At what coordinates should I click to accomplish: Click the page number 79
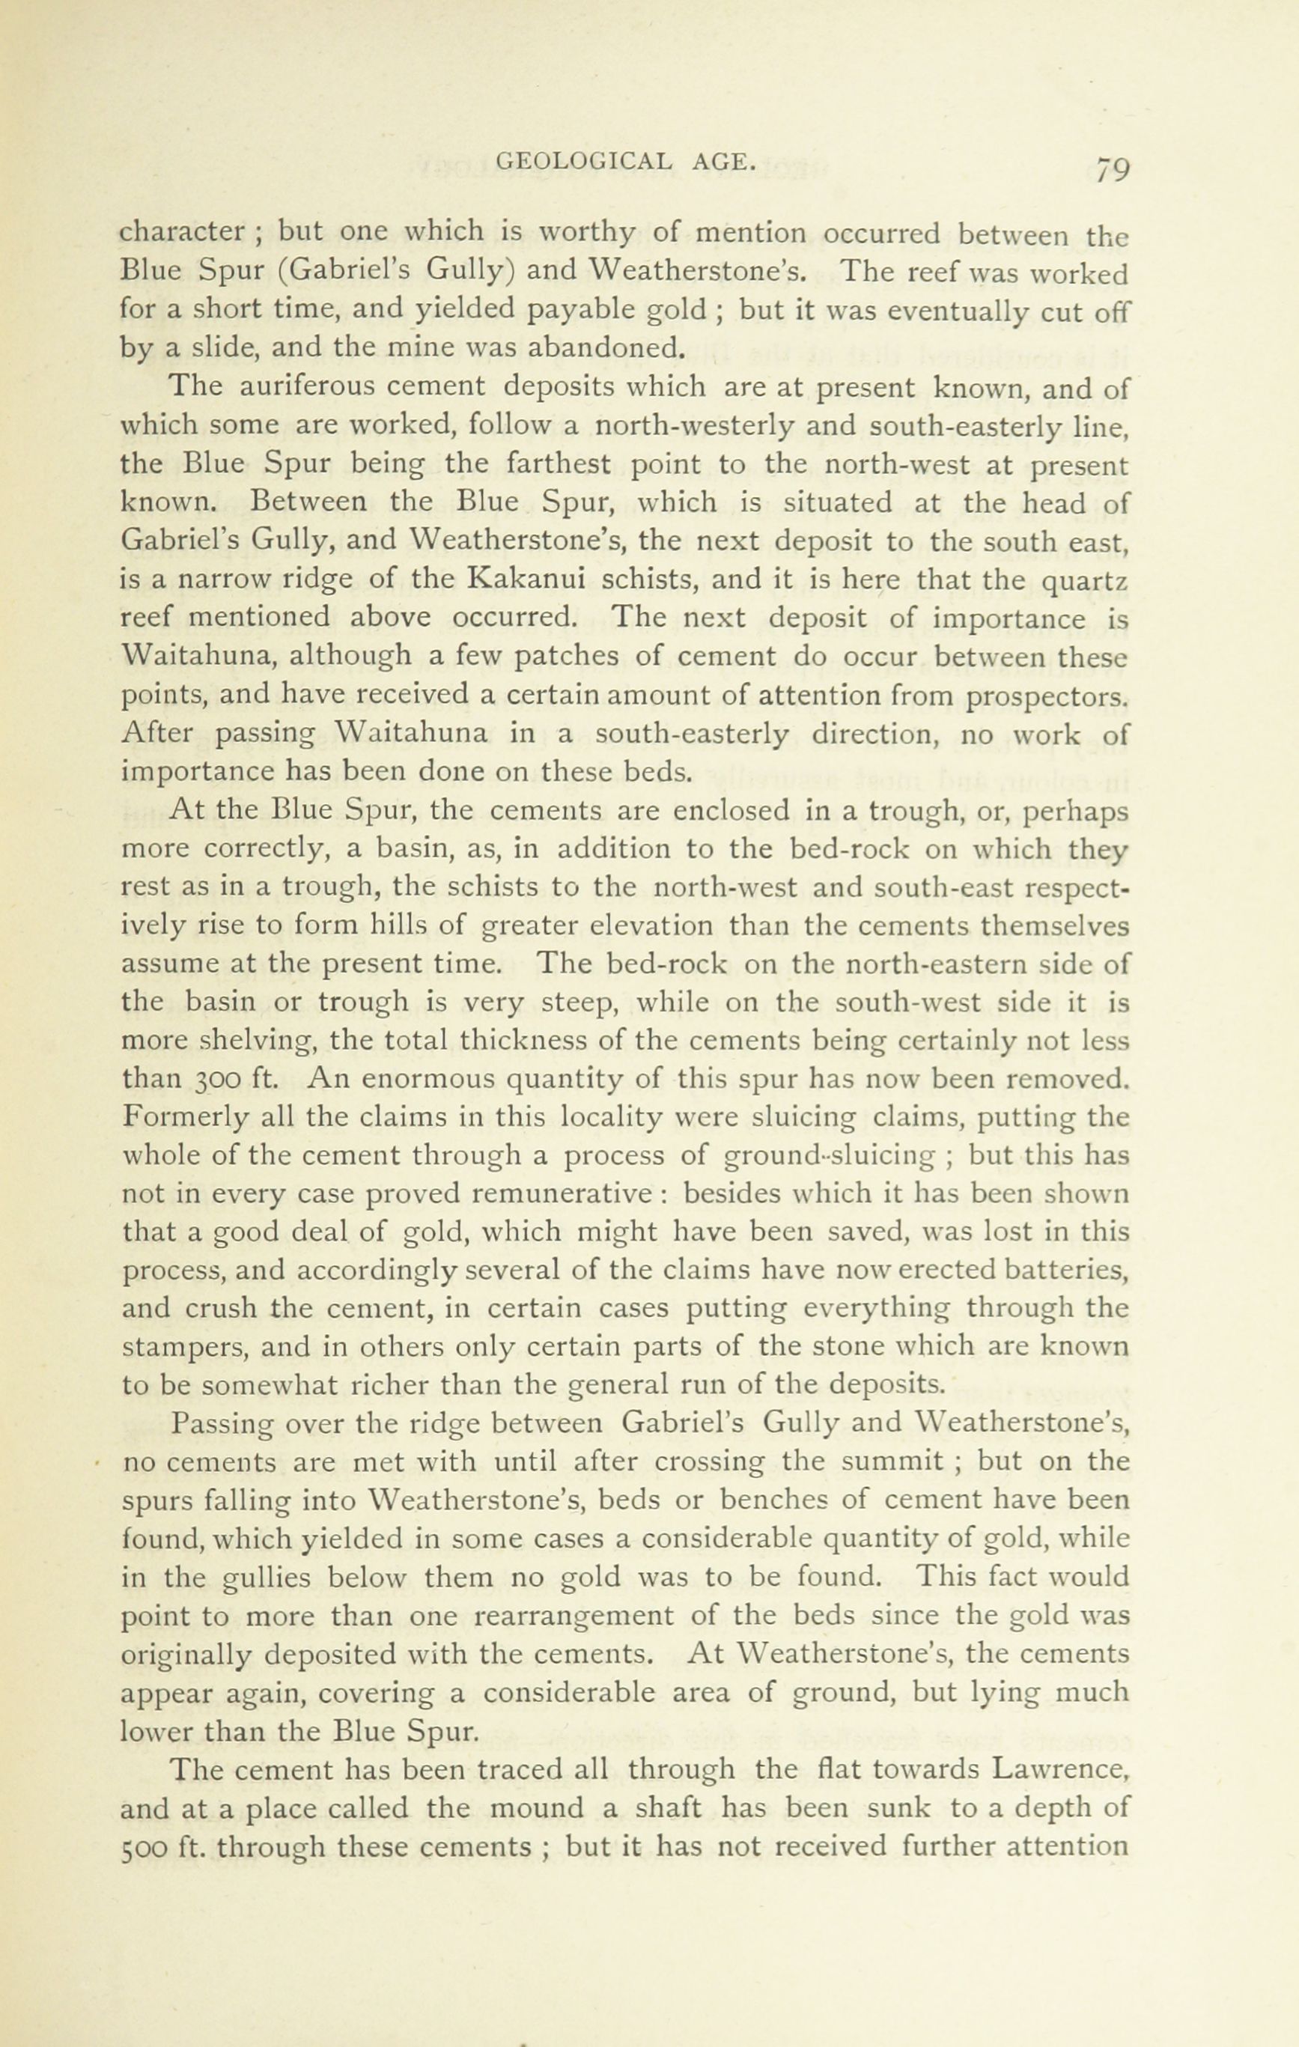[1111, 168]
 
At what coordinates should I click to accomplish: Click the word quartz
[1081, 583]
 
